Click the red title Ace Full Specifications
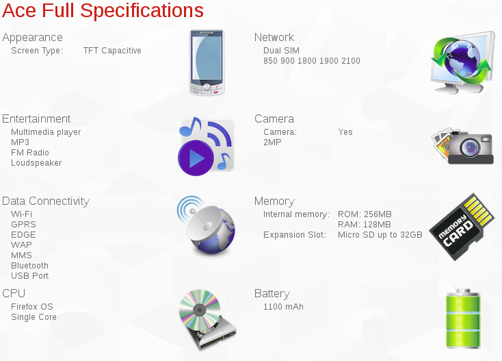(x=103, y=10)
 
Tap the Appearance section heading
(x=32, y=38)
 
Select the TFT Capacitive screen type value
(x=112, y=51)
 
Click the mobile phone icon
(x=207, y=62)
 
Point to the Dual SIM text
(x=281, y=51)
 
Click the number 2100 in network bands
(x=351, y=61)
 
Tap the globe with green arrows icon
(x=462, y=62)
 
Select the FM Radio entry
(x=30, y=153)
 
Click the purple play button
(x=196, y=158)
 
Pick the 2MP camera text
(x=272, y=142)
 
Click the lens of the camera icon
(x=470, y=147)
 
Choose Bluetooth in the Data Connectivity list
(x=30, y=266)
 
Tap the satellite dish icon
(x=206, y=225)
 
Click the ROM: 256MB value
(x=365, y=214)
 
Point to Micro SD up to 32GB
(x=380, y=235)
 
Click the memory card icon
(x=462, y=227)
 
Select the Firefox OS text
(x=32, y=307)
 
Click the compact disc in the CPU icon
(x=200, y=310)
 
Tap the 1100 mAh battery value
(x=283, y=307)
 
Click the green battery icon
(x=463, y=319)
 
